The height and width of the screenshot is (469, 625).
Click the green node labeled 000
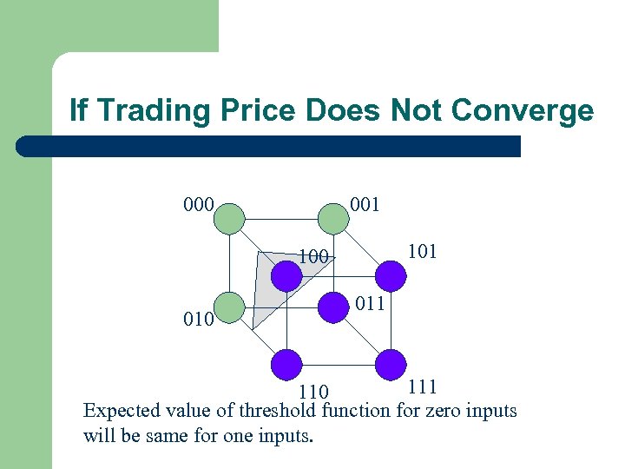230,216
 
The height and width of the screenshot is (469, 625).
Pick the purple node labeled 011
332,307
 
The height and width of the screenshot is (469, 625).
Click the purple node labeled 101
391,276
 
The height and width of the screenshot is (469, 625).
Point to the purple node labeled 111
391,364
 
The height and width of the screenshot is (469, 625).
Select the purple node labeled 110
286,364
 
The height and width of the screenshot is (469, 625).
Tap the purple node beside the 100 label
286,276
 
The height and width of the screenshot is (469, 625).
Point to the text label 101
423,252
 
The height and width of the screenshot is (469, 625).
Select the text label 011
368,304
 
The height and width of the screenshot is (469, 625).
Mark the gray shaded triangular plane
265,295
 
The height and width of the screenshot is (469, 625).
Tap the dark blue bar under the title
269,146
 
